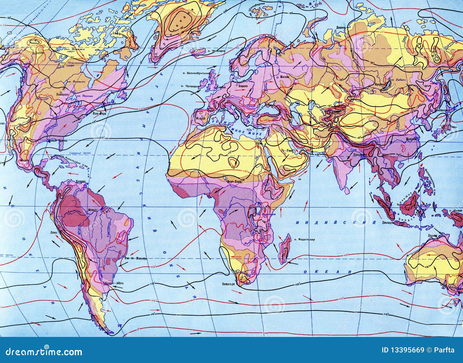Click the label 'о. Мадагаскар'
click(304, 240)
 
